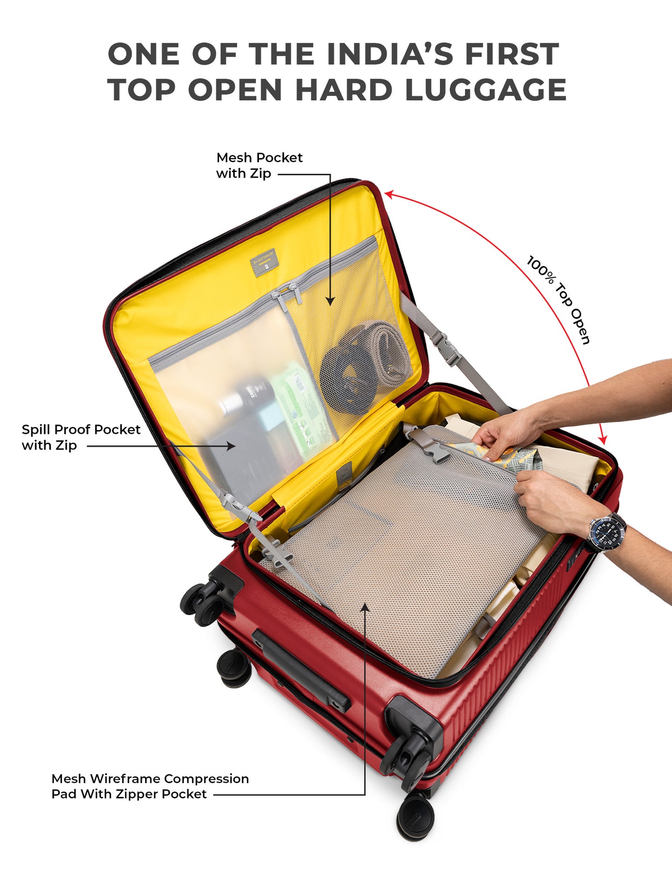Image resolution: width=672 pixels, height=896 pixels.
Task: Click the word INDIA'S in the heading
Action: click(x=390, y=54)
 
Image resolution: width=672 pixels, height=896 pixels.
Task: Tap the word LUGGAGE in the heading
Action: click(x=486, y=90)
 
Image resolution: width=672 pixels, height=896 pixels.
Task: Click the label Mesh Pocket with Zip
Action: click(x=259, y=166)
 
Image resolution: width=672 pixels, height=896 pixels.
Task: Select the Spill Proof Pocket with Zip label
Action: click(x=81, y=437)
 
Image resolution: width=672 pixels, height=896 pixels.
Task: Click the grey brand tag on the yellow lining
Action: click(x=264, y=263)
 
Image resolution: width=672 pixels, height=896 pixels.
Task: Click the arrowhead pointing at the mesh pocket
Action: click(x=330, y=301)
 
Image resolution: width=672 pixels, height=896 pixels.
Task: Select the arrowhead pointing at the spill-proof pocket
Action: click(x=231, y=446)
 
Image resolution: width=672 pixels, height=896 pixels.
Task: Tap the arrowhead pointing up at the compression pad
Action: click(x=366, y=608)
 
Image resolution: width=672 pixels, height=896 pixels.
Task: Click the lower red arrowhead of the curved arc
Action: click(x=603, y=439)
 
